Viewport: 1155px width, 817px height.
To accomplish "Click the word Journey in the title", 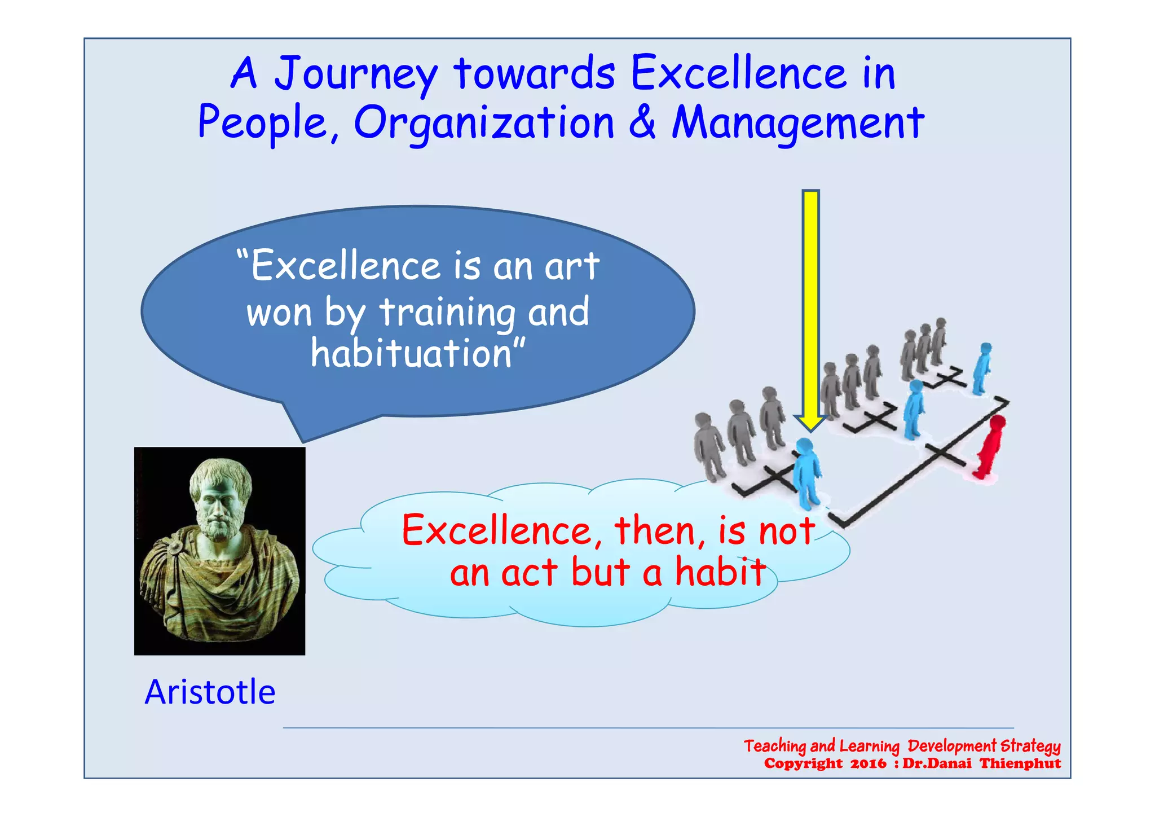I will (x=355, y=74).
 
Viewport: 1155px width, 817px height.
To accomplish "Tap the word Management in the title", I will (x=797, y=124).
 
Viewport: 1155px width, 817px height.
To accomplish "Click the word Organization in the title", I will (x=483, y=124).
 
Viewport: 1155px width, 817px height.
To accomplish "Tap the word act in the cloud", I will (x=528, y=573).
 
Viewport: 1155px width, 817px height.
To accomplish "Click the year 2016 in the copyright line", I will (x=868, y=764).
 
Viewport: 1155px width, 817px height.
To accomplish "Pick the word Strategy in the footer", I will (x=1030, y=746).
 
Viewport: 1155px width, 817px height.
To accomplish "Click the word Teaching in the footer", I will (x=774, y=746).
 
